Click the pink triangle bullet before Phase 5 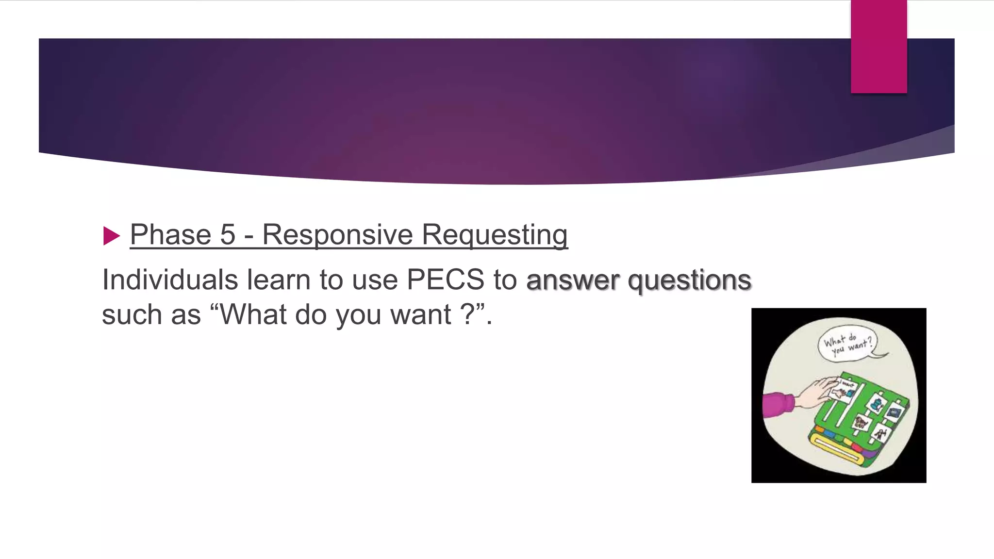point(112,236)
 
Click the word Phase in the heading point(170,235)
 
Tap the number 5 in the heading point(228,235)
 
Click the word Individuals point(170,280)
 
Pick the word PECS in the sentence point(445,280)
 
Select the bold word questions point(689,280)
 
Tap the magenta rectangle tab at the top point(878,47)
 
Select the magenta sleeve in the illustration point(778,405)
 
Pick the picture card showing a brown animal point(861,422)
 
